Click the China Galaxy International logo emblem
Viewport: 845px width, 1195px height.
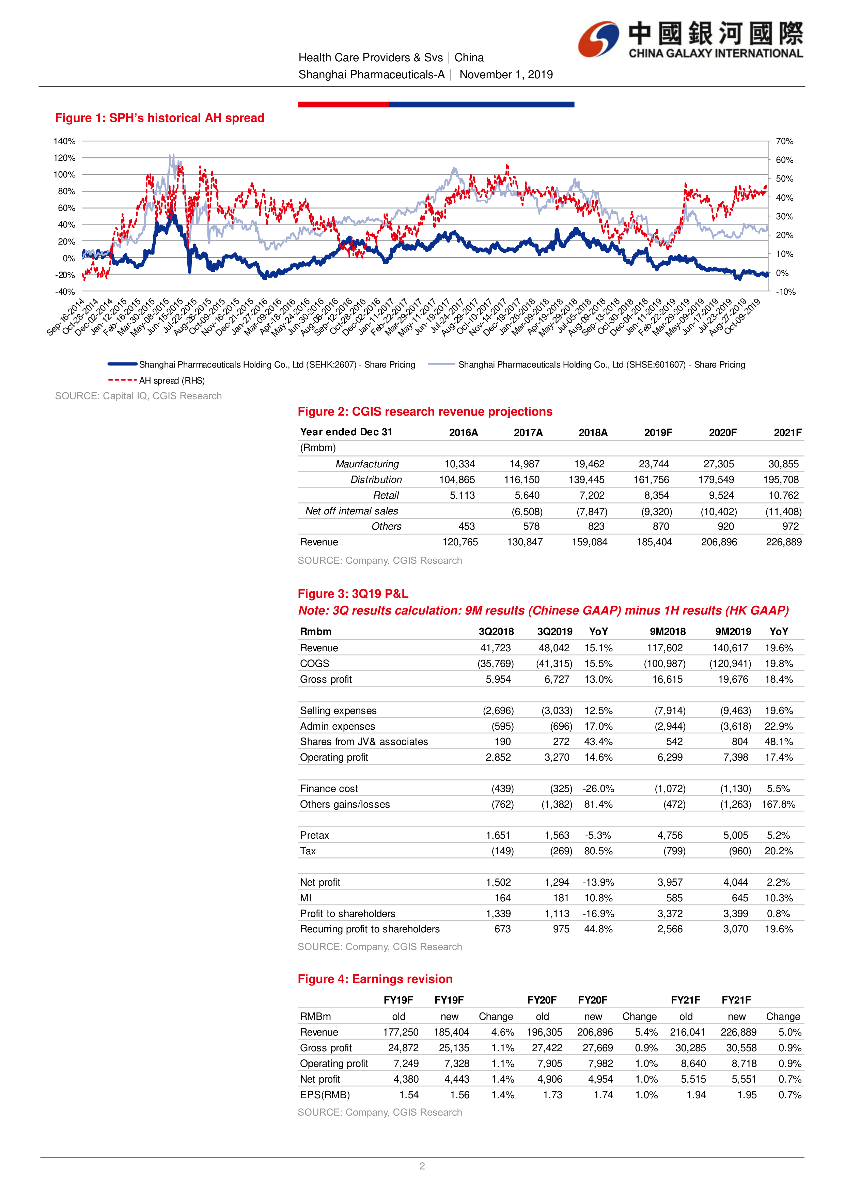coord(599,39)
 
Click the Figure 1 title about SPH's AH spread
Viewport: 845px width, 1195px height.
coord(160,118)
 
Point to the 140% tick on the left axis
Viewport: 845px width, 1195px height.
coord(64,141)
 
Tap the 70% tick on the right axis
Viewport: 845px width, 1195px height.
coord(784,141)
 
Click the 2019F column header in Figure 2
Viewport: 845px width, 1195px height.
coord(658,433)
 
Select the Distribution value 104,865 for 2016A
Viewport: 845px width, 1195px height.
coord(457,479)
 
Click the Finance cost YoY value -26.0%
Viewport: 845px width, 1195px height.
coord(598,789)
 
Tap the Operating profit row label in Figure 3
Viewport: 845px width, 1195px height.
coord(334,757)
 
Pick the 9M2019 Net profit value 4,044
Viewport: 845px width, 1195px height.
coord(735,882)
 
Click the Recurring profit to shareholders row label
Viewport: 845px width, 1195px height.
coord(370,929)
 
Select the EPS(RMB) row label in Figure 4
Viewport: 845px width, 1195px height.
coord(325,1095)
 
